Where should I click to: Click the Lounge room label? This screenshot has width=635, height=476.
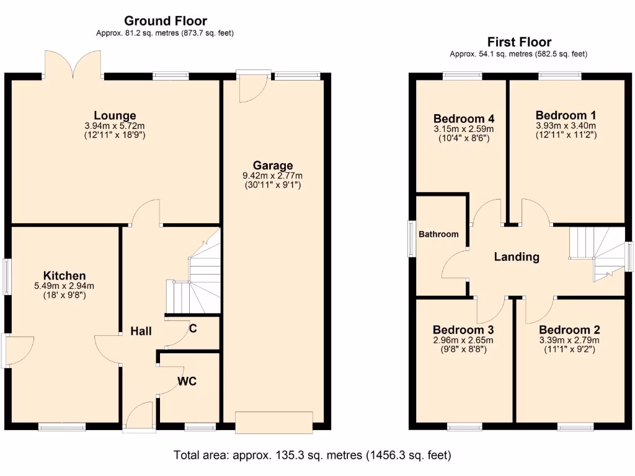click(115, 115)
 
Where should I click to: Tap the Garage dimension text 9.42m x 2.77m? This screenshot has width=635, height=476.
click(272, 176)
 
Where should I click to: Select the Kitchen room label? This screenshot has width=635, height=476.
click(64, 276)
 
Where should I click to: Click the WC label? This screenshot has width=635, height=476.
click(187, 381)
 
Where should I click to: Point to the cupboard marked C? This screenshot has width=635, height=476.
click(193, 329)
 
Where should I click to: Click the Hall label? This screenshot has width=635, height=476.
click(141, 332)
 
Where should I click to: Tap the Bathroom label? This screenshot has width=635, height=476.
click(438, 234)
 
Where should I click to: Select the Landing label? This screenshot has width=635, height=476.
click(516, 257)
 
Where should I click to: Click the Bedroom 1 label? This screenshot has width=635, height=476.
click(566, 115)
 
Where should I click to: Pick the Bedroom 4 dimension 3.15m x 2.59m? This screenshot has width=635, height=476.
click(463, 130)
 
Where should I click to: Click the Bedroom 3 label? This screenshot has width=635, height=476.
click(463, 330)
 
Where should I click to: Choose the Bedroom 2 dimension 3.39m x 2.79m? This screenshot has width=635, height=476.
click(569, 340)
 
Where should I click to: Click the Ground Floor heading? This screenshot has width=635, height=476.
click(166, 22)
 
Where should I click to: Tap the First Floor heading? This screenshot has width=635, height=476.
click(519, 42)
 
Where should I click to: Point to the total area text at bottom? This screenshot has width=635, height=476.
click(313, 456)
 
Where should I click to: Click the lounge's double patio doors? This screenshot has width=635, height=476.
click(74, 64)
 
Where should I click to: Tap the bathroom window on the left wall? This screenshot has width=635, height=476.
click(411, 238)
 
